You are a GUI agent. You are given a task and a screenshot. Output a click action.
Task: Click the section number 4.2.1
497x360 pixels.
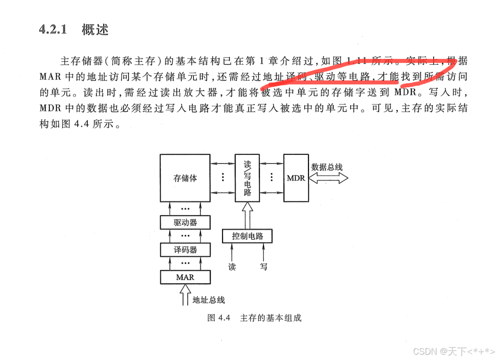[x=52, y=30]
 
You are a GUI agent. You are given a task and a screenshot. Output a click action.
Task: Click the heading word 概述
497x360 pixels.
[x=95, y=30]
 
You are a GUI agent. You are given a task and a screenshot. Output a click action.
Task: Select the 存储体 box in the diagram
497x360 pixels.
[x=185, y=178]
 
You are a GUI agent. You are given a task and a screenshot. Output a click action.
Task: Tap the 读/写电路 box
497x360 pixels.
[x=247, y=177]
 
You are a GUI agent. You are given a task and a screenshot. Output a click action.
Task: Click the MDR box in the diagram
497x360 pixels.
[x=296, y=178]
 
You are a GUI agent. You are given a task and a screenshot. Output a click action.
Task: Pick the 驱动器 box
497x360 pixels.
[x=185, y=223]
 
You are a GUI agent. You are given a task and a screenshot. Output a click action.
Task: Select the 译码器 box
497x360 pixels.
[x=185, y=250]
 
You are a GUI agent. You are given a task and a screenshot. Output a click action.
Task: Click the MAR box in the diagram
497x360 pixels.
[x=185, y=277]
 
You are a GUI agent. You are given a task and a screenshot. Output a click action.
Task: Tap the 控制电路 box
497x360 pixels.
[x=247, y=236]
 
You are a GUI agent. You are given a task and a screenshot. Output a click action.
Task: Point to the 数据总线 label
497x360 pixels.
[x=327, y=167]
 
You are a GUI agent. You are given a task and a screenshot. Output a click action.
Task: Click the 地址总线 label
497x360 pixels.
[x=208, y=300]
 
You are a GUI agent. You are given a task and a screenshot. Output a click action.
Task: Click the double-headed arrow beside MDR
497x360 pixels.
[x=329, y=178]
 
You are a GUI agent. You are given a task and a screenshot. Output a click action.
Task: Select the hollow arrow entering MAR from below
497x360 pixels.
[x=185, y=294]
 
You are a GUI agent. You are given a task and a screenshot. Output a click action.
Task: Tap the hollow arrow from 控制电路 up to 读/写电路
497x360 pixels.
[x=247, y=215]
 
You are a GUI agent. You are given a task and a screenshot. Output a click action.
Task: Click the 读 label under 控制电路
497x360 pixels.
[x=232, y=267]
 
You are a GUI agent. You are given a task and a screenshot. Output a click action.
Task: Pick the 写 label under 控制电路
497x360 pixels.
[x=263, y=267]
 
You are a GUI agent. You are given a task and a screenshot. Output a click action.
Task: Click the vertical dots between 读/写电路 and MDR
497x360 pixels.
[x=272, y=177]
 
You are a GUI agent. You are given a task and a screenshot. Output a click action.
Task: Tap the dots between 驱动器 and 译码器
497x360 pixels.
[x=185, y=236]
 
